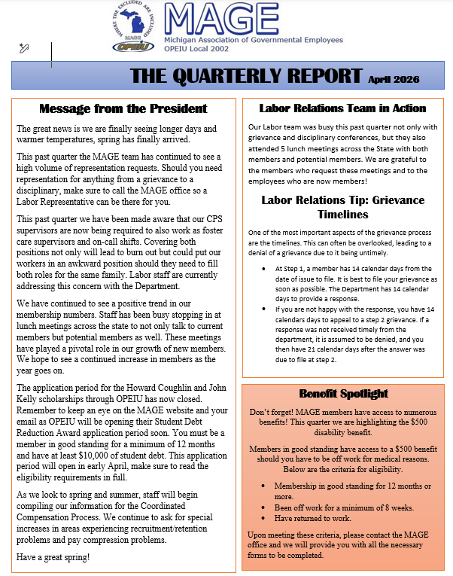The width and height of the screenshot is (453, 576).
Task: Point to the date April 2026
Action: point(394,78)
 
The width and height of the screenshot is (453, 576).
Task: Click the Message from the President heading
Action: point(123,108)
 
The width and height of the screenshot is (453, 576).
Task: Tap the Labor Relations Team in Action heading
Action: point(342,108)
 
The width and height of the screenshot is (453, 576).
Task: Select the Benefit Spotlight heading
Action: point(343,393)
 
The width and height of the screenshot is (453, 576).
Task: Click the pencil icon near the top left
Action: point(24,48)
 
